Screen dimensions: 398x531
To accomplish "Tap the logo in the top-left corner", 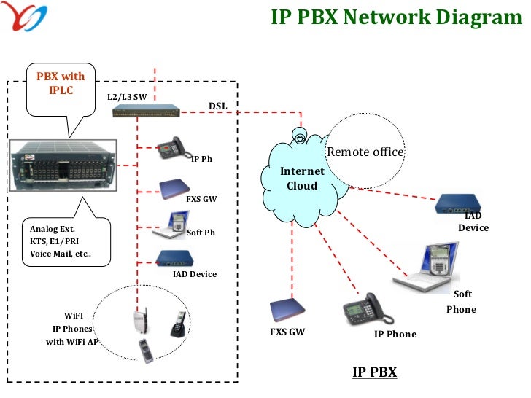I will (x=24, y=17).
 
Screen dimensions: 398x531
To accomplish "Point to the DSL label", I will (x=218, y=106).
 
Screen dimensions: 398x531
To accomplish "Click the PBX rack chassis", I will (x=61, y=165).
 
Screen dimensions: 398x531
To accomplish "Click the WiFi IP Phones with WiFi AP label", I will (x=73, y=328).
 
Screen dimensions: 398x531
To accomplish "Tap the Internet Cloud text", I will (x=302, y=179).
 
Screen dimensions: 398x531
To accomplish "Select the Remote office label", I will (x=365, y=152).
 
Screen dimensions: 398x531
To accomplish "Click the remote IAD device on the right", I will (x=460, y=205).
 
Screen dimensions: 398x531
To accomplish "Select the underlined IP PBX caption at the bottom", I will (x=374, y=372).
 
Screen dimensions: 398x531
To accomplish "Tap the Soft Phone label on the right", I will (x=461, y=302).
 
